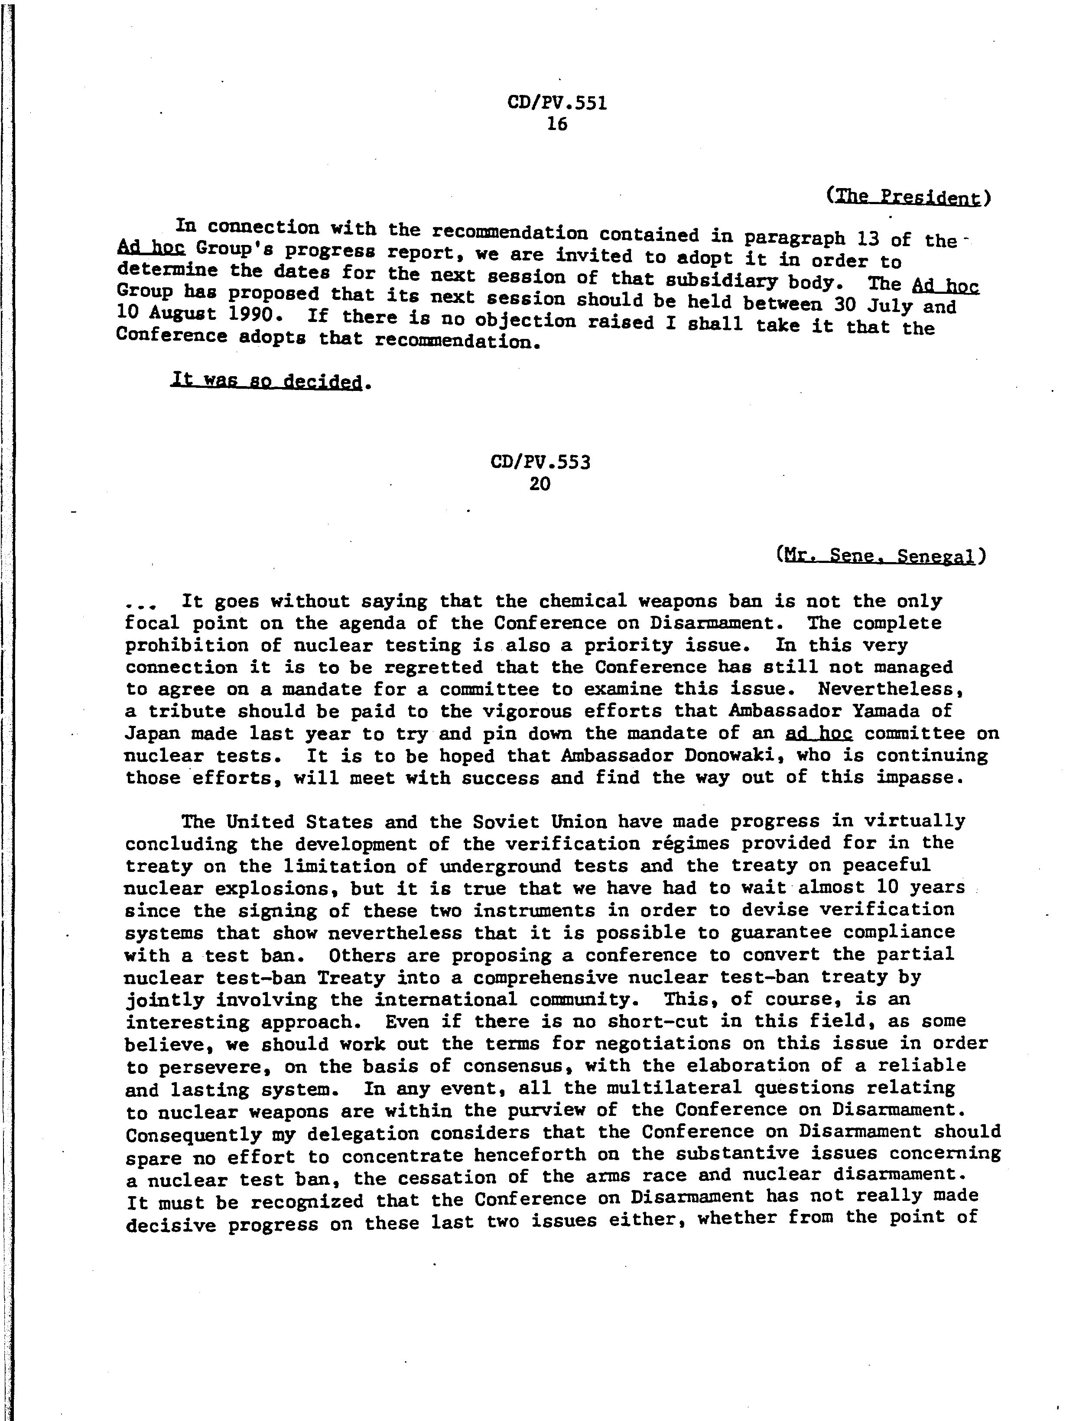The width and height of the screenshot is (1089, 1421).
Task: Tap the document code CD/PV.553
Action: [x=541, y=462]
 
